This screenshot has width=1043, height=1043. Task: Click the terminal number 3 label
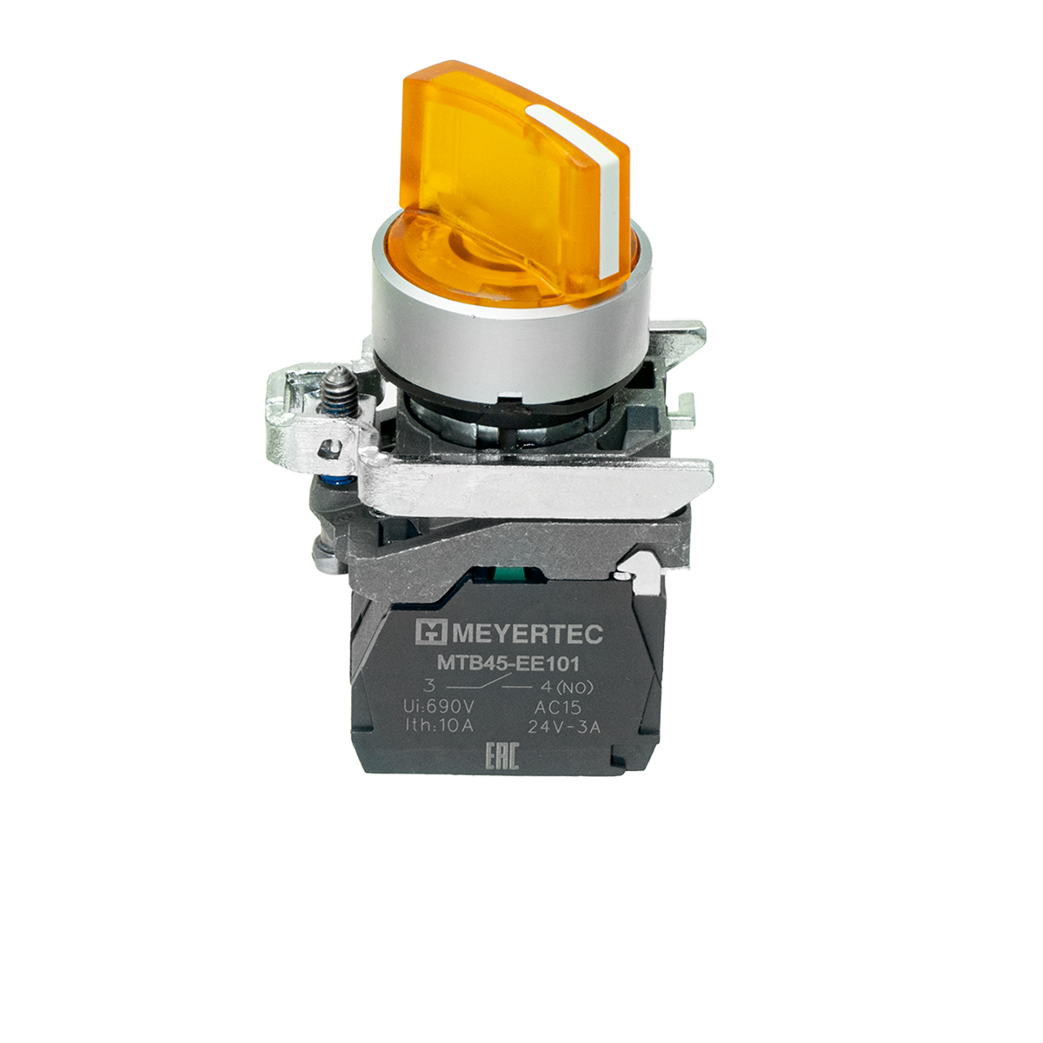[x=429, y=686]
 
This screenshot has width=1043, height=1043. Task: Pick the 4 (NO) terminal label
[x=567, y=688]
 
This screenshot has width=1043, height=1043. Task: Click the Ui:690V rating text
[x=439, y=707]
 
